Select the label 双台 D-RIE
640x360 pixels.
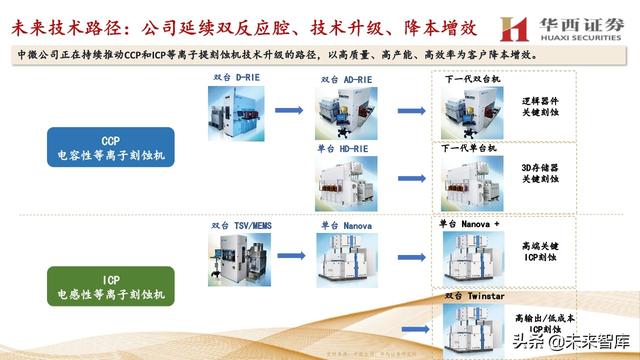[x=233, y=77]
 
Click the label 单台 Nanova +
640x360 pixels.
[x=469, y=222]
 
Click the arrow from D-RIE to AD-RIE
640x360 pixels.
[x=289, y=111]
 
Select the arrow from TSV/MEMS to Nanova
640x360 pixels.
[x=289, y=255]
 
